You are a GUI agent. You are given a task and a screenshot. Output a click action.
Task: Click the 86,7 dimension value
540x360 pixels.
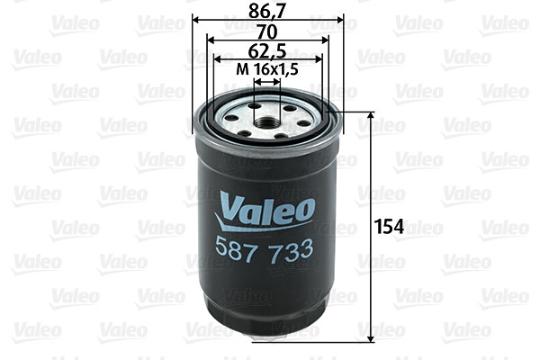267,12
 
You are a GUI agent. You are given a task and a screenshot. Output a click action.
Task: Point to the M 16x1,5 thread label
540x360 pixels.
267,70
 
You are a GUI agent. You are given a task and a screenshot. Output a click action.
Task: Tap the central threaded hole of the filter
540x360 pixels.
266,114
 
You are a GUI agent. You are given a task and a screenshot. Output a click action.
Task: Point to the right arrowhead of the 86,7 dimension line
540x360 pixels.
340,20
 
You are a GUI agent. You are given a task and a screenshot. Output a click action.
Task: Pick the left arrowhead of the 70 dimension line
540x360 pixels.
210,40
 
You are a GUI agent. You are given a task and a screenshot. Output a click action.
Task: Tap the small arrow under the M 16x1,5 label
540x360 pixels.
266,81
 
